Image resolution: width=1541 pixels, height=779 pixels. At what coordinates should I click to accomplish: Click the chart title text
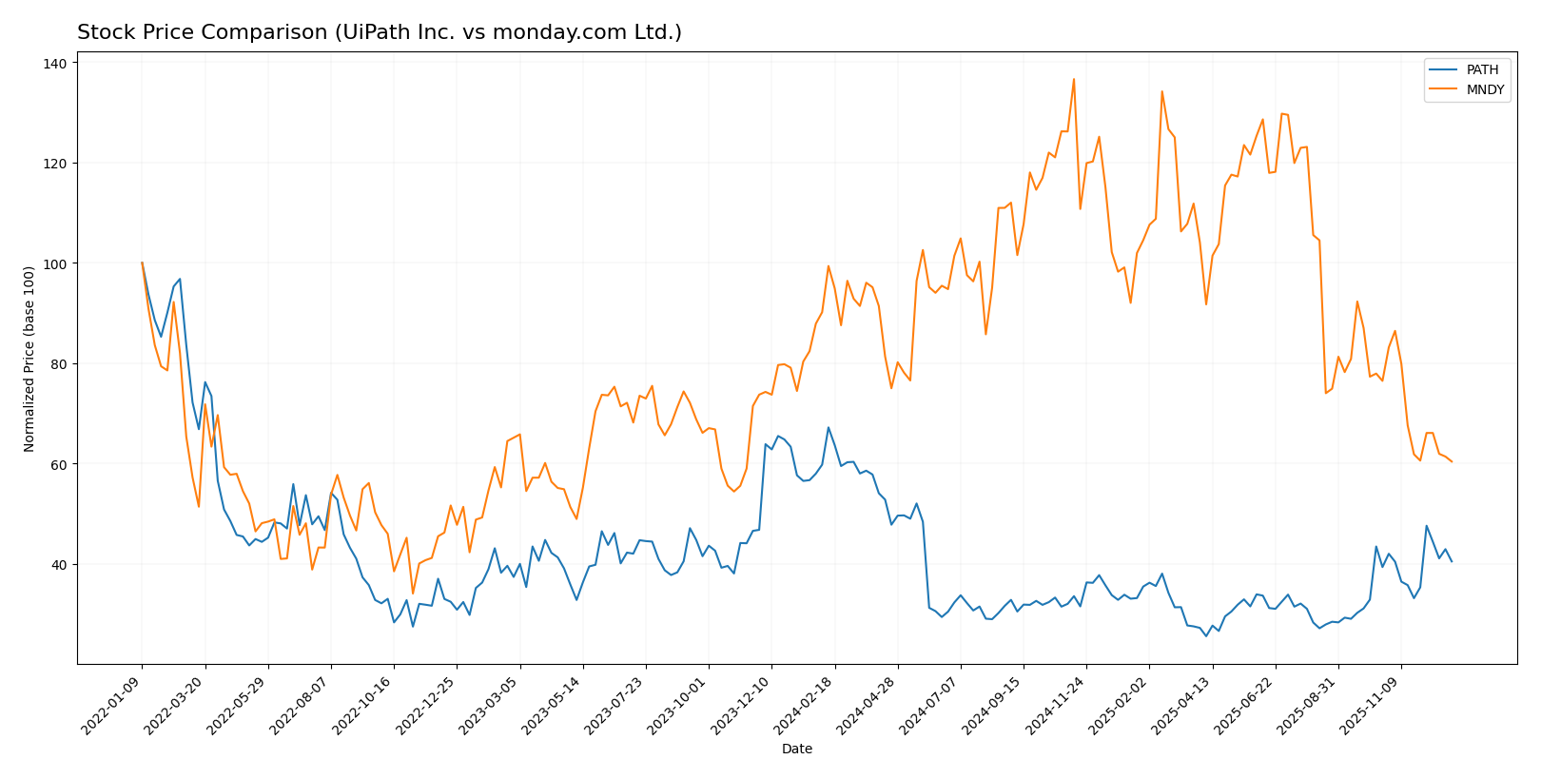click(x=379, y=32)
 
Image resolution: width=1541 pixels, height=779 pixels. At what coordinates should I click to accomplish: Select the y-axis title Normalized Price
click(x=29, y=359)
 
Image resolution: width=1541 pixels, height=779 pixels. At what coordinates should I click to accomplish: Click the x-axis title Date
click(x=796, y=750)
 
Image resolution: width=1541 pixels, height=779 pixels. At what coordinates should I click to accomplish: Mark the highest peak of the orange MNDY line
click(x=1073, y=79)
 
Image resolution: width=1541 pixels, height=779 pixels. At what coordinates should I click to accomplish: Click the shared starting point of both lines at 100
click(x=142, y=263)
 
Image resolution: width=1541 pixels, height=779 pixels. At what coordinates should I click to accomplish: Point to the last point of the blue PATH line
click(x=1451, y=561)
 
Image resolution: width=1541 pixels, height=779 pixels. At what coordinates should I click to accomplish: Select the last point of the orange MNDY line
click(x=1451, y=461)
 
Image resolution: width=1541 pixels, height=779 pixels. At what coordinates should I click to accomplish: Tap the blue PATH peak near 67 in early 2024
click(x=828, y=427)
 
